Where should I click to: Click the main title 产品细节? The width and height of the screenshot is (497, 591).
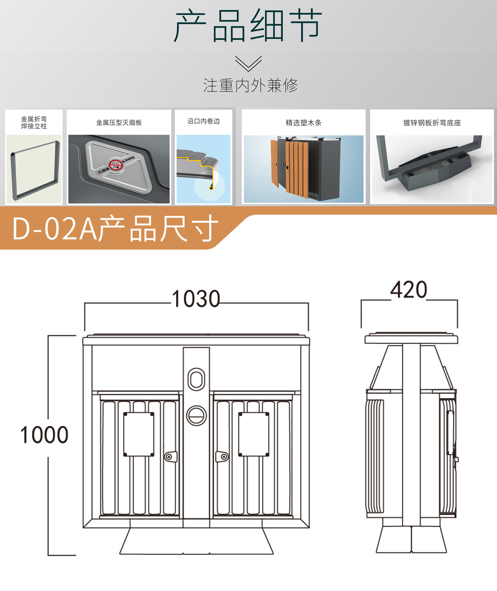point(248,26)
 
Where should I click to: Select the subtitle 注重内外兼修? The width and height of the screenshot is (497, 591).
point(250,85)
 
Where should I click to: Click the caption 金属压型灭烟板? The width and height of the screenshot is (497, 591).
point(119,123)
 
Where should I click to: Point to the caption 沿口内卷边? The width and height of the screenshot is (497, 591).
point(203,121)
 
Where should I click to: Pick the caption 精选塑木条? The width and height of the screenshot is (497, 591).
point(304,123)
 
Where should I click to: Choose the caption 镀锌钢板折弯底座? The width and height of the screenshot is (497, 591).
point(432,123)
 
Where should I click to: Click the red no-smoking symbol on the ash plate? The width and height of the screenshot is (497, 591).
point(116,165)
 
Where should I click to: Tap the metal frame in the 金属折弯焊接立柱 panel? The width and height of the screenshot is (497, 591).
point(13,176)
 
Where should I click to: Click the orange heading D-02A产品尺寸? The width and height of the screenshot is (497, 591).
point(115,229)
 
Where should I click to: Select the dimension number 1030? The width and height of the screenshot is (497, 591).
point(196,299)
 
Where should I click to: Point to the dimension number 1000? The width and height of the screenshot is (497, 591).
point(44,435)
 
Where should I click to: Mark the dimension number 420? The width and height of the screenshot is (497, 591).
point(409,289)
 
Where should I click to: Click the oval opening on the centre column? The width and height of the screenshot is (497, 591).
point(196,379)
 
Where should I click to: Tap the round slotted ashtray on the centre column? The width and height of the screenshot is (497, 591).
point(196,415)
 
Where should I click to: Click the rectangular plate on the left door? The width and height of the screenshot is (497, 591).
point(139,434)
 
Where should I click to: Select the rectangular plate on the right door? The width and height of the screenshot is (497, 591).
point(253,434)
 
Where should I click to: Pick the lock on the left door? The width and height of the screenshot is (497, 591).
point(171,456)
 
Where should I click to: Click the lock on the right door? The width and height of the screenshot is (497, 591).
point(222,456)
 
